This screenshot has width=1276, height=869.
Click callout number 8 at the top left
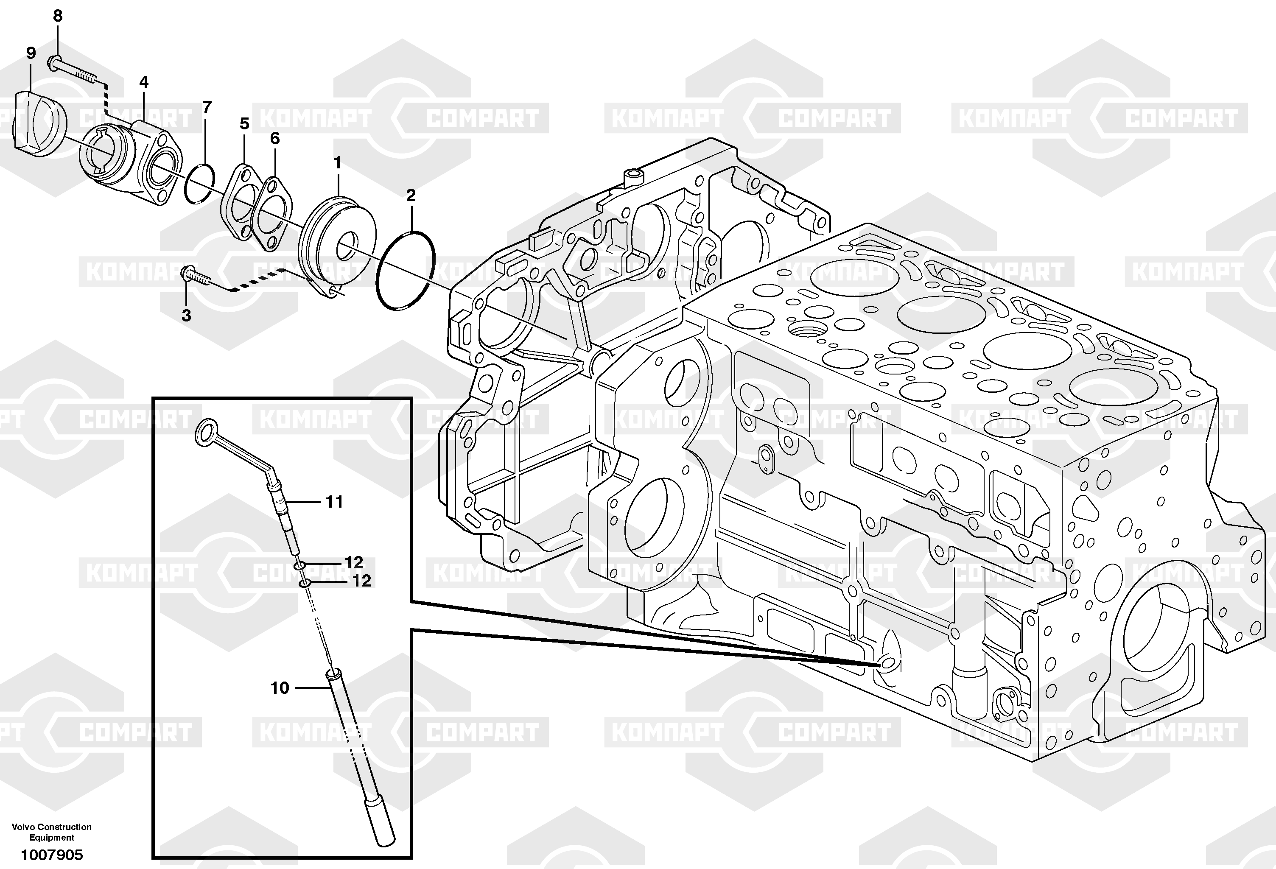point(58,16)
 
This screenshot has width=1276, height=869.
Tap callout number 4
point(143,82)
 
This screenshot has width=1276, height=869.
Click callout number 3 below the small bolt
point(186,315)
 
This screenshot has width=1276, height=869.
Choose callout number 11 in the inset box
point(334,501)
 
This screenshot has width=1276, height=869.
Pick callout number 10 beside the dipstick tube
point(280,688)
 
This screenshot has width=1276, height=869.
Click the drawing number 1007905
point(52,855)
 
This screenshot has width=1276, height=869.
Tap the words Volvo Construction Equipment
point(52,832)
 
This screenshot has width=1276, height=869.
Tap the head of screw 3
point(188,272)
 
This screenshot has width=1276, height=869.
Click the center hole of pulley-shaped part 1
point(347,246)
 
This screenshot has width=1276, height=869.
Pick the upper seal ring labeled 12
point(299,565)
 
